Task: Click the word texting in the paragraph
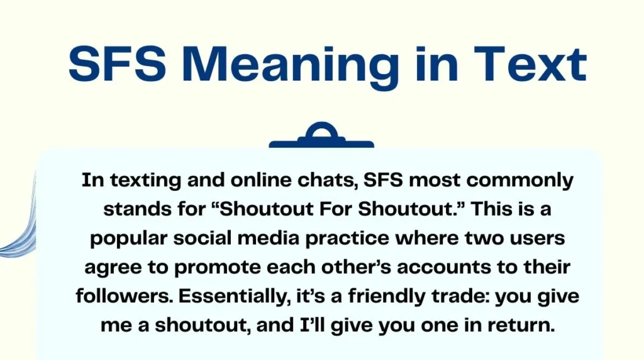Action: pos(140,181)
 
